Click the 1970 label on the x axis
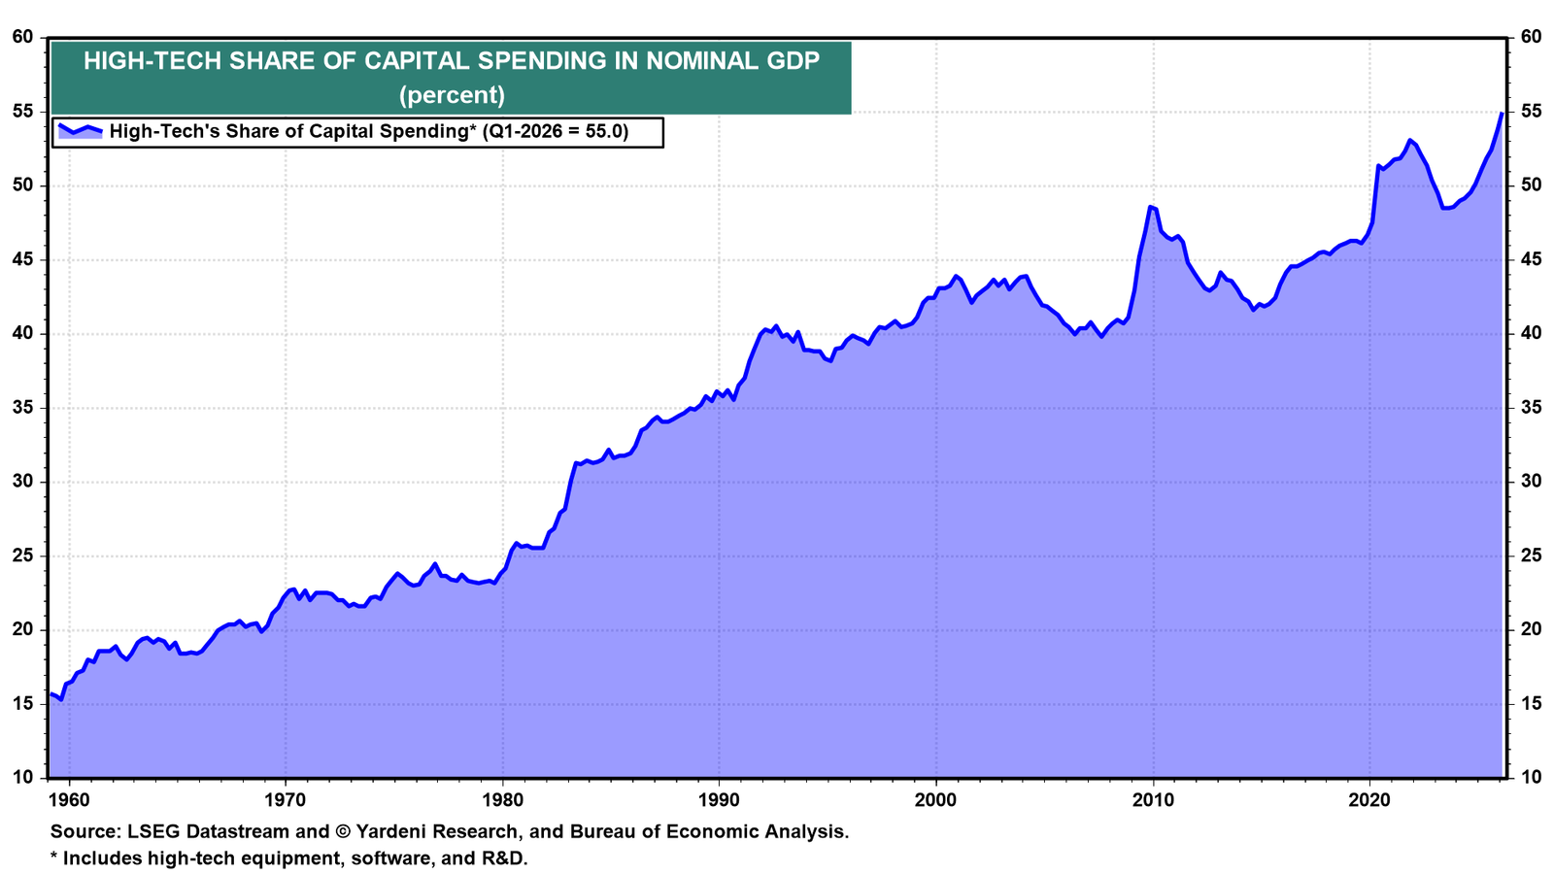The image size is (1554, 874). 286,800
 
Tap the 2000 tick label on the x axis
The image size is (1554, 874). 936,800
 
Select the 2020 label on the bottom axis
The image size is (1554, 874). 1369,800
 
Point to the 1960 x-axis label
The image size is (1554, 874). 69,800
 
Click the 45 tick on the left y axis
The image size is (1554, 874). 23,259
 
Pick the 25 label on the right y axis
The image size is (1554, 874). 1531,555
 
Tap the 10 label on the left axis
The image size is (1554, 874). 23,777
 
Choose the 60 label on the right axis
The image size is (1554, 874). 1531,37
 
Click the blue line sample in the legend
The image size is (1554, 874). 80,130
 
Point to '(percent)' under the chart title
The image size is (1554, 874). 452,94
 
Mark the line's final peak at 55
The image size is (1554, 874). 1502,113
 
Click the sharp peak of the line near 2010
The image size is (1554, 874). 1150,207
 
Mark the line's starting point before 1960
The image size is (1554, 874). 51,693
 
